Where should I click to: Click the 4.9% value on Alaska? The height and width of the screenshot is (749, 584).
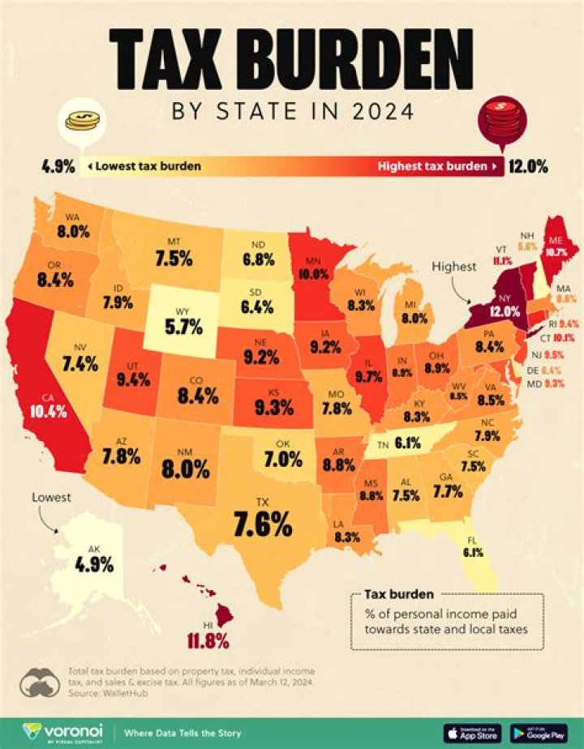[96, 565]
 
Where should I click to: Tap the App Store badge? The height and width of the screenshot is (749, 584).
[473, 732]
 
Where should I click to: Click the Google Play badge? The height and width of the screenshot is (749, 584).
[539, 732]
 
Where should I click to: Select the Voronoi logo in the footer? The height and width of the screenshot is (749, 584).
[57, 732]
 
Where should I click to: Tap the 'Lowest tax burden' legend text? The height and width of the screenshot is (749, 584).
[148, 167]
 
